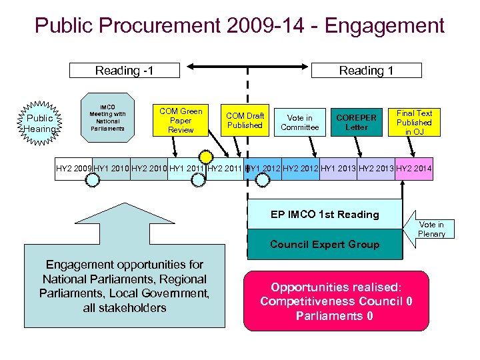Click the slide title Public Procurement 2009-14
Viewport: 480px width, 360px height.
point(239,26)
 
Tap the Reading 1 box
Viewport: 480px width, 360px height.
point(366,70)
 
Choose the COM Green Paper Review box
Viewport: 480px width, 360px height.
point(181,121)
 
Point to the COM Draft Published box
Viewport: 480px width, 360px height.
point(245,121)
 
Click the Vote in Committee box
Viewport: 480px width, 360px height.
point(299,123)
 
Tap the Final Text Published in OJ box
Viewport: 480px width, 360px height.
point(414,123)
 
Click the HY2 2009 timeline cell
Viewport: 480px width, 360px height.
point(73,169)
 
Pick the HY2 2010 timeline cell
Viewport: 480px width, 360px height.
point(149,169)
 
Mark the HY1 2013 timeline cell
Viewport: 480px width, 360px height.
point(339,169)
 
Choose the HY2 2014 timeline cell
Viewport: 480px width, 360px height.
point(414,169)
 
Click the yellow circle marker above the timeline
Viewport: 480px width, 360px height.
point(207,156)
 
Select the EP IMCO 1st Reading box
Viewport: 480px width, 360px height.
point(325,215)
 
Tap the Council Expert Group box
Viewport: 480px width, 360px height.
point(325,245)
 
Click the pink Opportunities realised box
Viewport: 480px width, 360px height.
point(335,301)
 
